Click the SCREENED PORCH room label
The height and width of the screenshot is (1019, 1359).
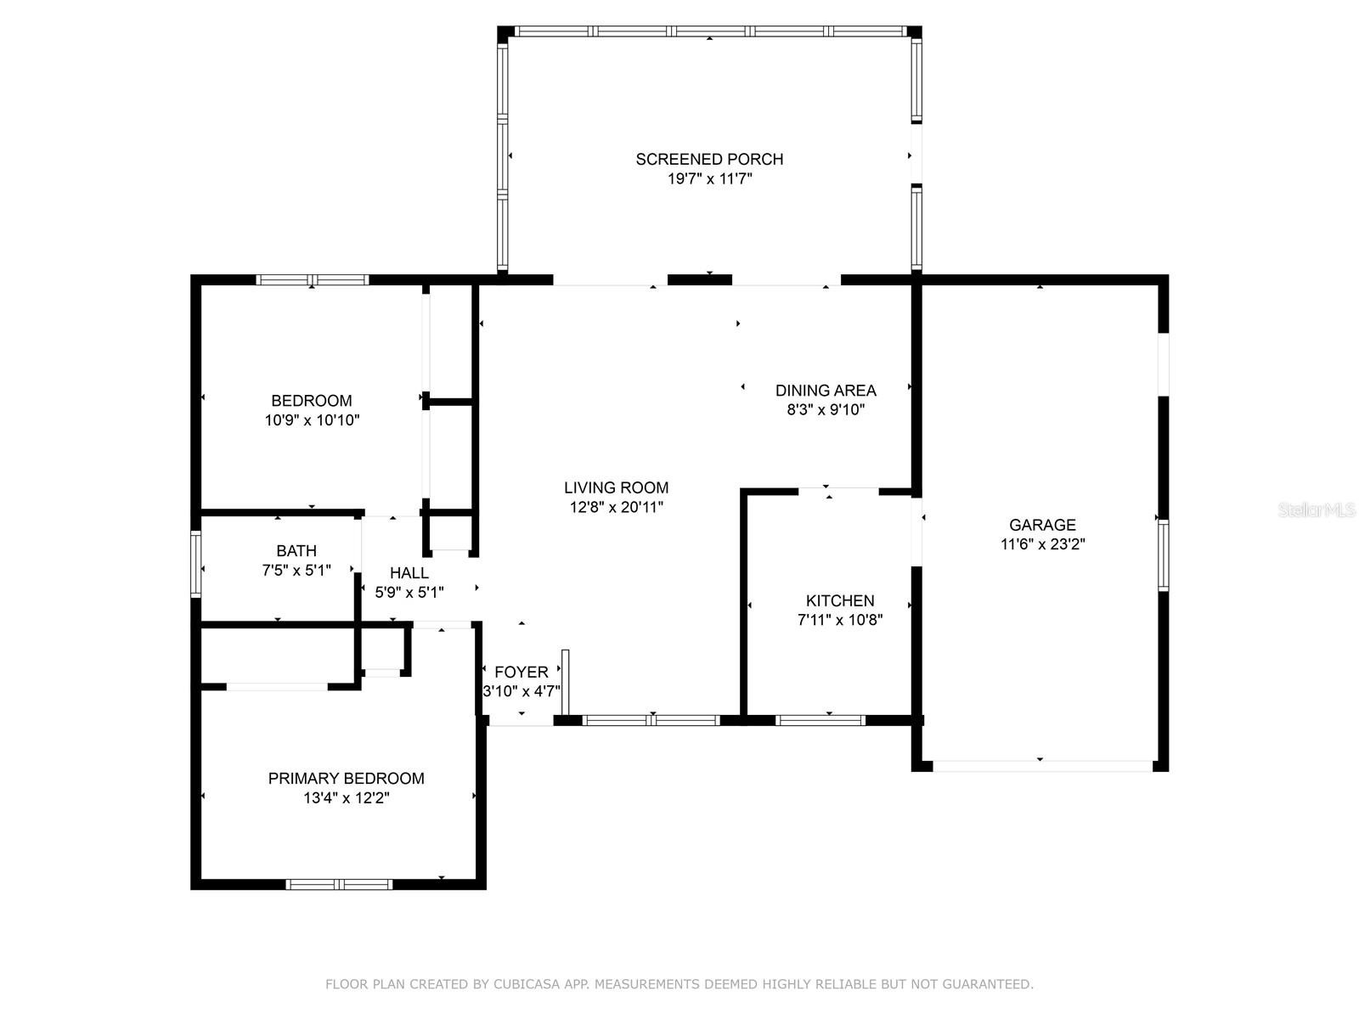[709, 159]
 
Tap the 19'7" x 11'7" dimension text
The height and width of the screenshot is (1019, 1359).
[709, 179]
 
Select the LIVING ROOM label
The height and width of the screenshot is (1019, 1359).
[616, 487]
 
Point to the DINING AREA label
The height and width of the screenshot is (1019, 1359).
[826, 391]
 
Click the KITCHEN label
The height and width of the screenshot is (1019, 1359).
[839, 600]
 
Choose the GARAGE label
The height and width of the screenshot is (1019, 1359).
[1042, 525]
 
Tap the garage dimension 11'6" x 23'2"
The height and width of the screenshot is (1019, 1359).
[1043, 543]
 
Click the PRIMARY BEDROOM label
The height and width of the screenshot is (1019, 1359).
[346, 779]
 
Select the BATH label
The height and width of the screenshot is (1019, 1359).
[296, 550]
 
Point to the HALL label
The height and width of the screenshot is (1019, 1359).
[409, 573]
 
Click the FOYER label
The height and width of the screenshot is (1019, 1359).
[522, 672]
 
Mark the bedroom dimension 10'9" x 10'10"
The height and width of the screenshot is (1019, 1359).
[312, 420]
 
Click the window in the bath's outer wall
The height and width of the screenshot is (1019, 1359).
[195, 564]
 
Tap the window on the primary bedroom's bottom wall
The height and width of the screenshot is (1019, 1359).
[339, 884]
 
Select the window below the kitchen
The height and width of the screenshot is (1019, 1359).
[820, 720]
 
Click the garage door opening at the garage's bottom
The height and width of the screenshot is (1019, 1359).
[1043, 766]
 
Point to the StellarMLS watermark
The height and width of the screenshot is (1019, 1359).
[1317, 509]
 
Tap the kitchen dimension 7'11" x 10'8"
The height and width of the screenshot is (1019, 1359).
[840, 619]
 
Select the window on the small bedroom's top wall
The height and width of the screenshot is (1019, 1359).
[312, 279]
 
